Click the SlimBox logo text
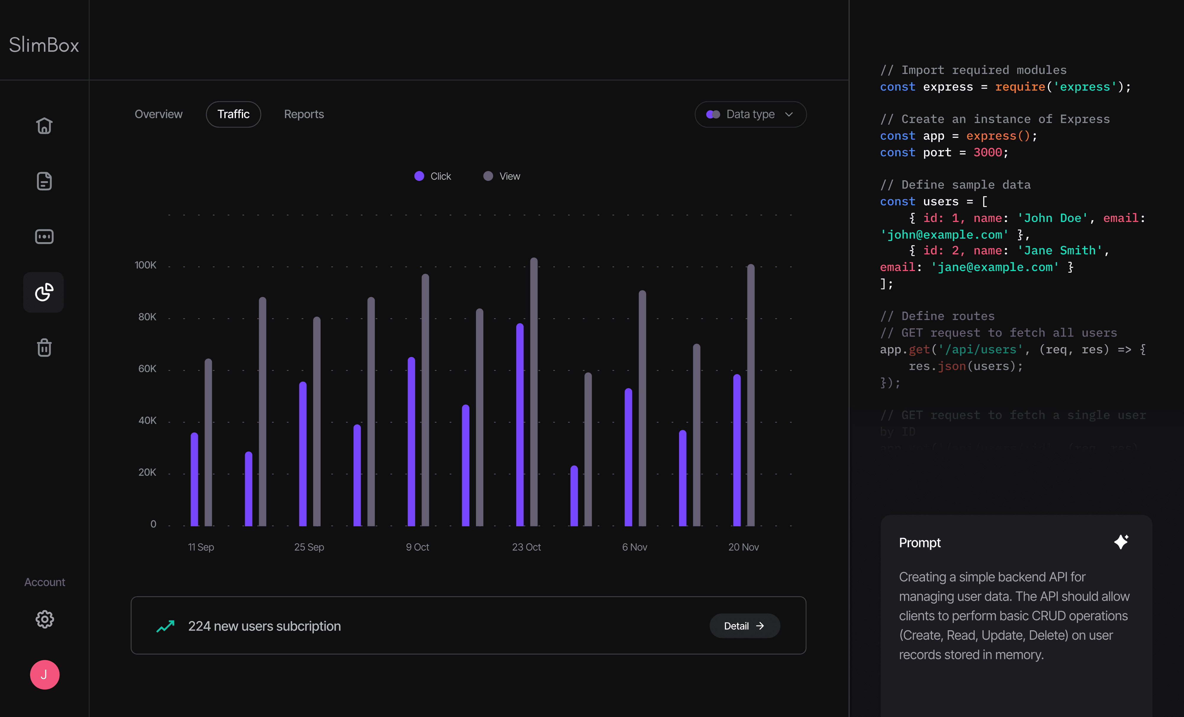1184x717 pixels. pos(44,45)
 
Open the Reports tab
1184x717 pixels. pos(304,114)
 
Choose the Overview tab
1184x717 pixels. pos(159,114)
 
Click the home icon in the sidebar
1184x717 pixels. pos(44,126)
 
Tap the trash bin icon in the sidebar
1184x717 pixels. pos(44,348)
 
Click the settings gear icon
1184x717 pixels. pos(45,619)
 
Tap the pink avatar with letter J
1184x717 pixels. pos(45,675)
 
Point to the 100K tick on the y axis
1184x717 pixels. pos(146,265)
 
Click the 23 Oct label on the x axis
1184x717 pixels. pos(526,547)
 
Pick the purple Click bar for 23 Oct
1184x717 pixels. pos(520,425)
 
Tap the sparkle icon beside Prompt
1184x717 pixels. pos(1121,542)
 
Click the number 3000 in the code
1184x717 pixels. pos(987,152)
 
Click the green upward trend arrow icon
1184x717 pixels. pos(165,626)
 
